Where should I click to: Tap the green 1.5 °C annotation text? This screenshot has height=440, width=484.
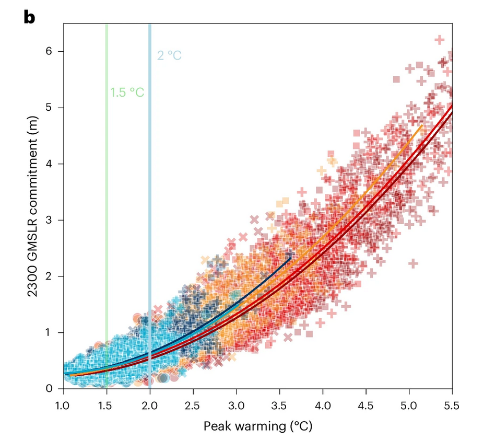point(127,92)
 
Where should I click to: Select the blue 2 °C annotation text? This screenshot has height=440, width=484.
point(169,55)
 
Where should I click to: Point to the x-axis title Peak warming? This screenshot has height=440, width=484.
point(258,426)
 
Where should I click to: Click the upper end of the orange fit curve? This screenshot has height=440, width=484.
point(421,126)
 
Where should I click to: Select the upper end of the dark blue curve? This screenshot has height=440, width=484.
point(291,258)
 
